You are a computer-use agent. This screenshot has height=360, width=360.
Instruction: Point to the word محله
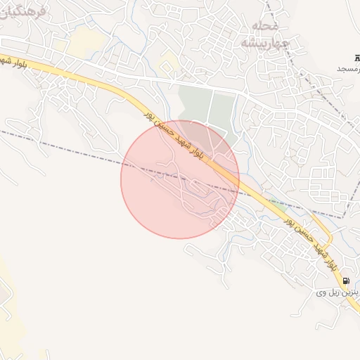265,26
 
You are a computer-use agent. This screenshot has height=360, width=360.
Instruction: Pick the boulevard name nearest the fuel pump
309,242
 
